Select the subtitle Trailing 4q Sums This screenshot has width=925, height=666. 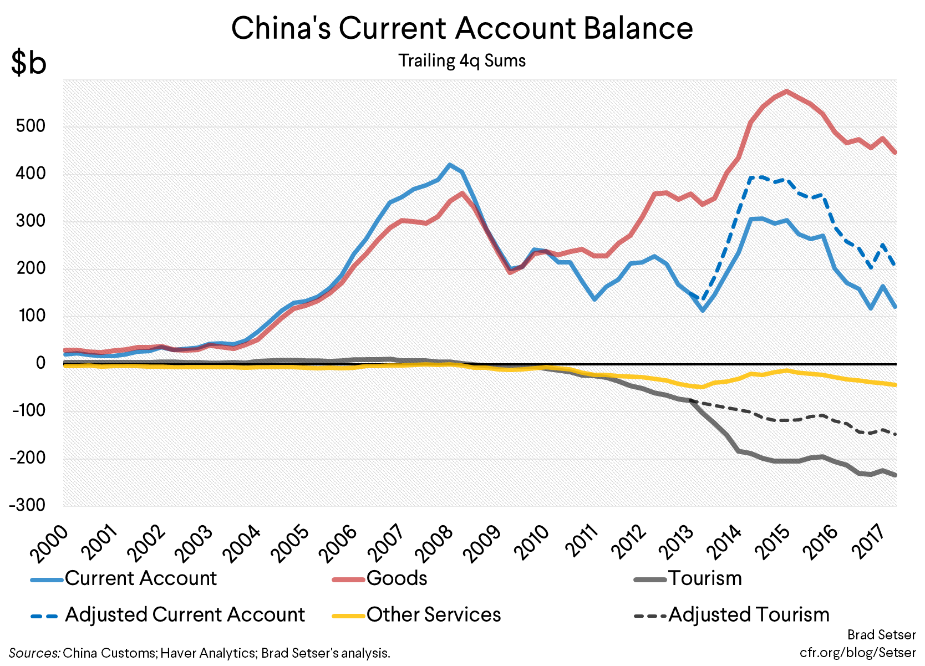coord(462,60)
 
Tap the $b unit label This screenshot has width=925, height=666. coord(28,62)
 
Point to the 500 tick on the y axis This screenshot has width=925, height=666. coord(31,126)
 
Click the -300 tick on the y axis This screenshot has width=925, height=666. coord(27,505)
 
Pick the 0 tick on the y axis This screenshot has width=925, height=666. coord(40,363)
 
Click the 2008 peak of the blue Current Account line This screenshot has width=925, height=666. coord(450,165)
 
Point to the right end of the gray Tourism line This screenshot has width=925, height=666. coord(895,475)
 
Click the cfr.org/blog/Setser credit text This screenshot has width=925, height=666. coord(857,653)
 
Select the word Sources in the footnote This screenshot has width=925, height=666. coord(34,653)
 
